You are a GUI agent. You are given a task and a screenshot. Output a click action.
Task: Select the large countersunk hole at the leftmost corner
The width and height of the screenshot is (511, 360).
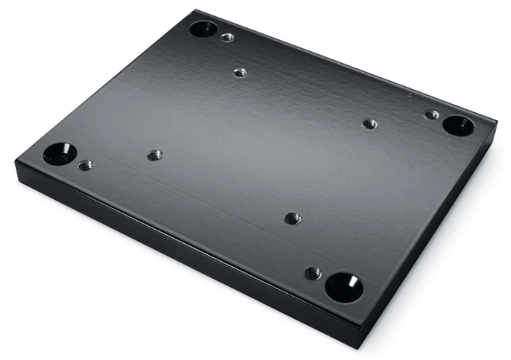[60, 153]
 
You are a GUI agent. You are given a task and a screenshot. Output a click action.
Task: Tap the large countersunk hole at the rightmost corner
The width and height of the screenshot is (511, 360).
[458, 125]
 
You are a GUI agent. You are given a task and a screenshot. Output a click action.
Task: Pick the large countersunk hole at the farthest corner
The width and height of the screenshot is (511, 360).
[202, 29]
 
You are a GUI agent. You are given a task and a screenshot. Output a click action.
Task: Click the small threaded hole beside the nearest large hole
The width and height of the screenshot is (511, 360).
[313, 273]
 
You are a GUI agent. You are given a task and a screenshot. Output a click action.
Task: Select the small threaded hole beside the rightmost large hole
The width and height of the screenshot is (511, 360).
[431, 115]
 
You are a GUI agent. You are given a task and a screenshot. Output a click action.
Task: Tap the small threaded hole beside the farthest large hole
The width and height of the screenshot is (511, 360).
[228, 37]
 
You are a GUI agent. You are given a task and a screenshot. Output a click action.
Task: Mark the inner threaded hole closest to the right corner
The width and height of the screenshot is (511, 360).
[369, 123]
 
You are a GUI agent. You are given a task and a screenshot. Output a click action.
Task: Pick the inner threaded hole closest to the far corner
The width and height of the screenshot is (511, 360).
[240, 72]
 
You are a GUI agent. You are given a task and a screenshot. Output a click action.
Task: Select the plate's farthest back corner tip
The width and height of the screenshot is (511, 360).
[194, 10]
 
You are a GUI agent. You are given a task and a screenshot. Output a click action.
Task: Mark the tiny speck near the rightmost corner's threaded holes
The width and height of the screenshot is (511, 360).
[408, 96]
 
